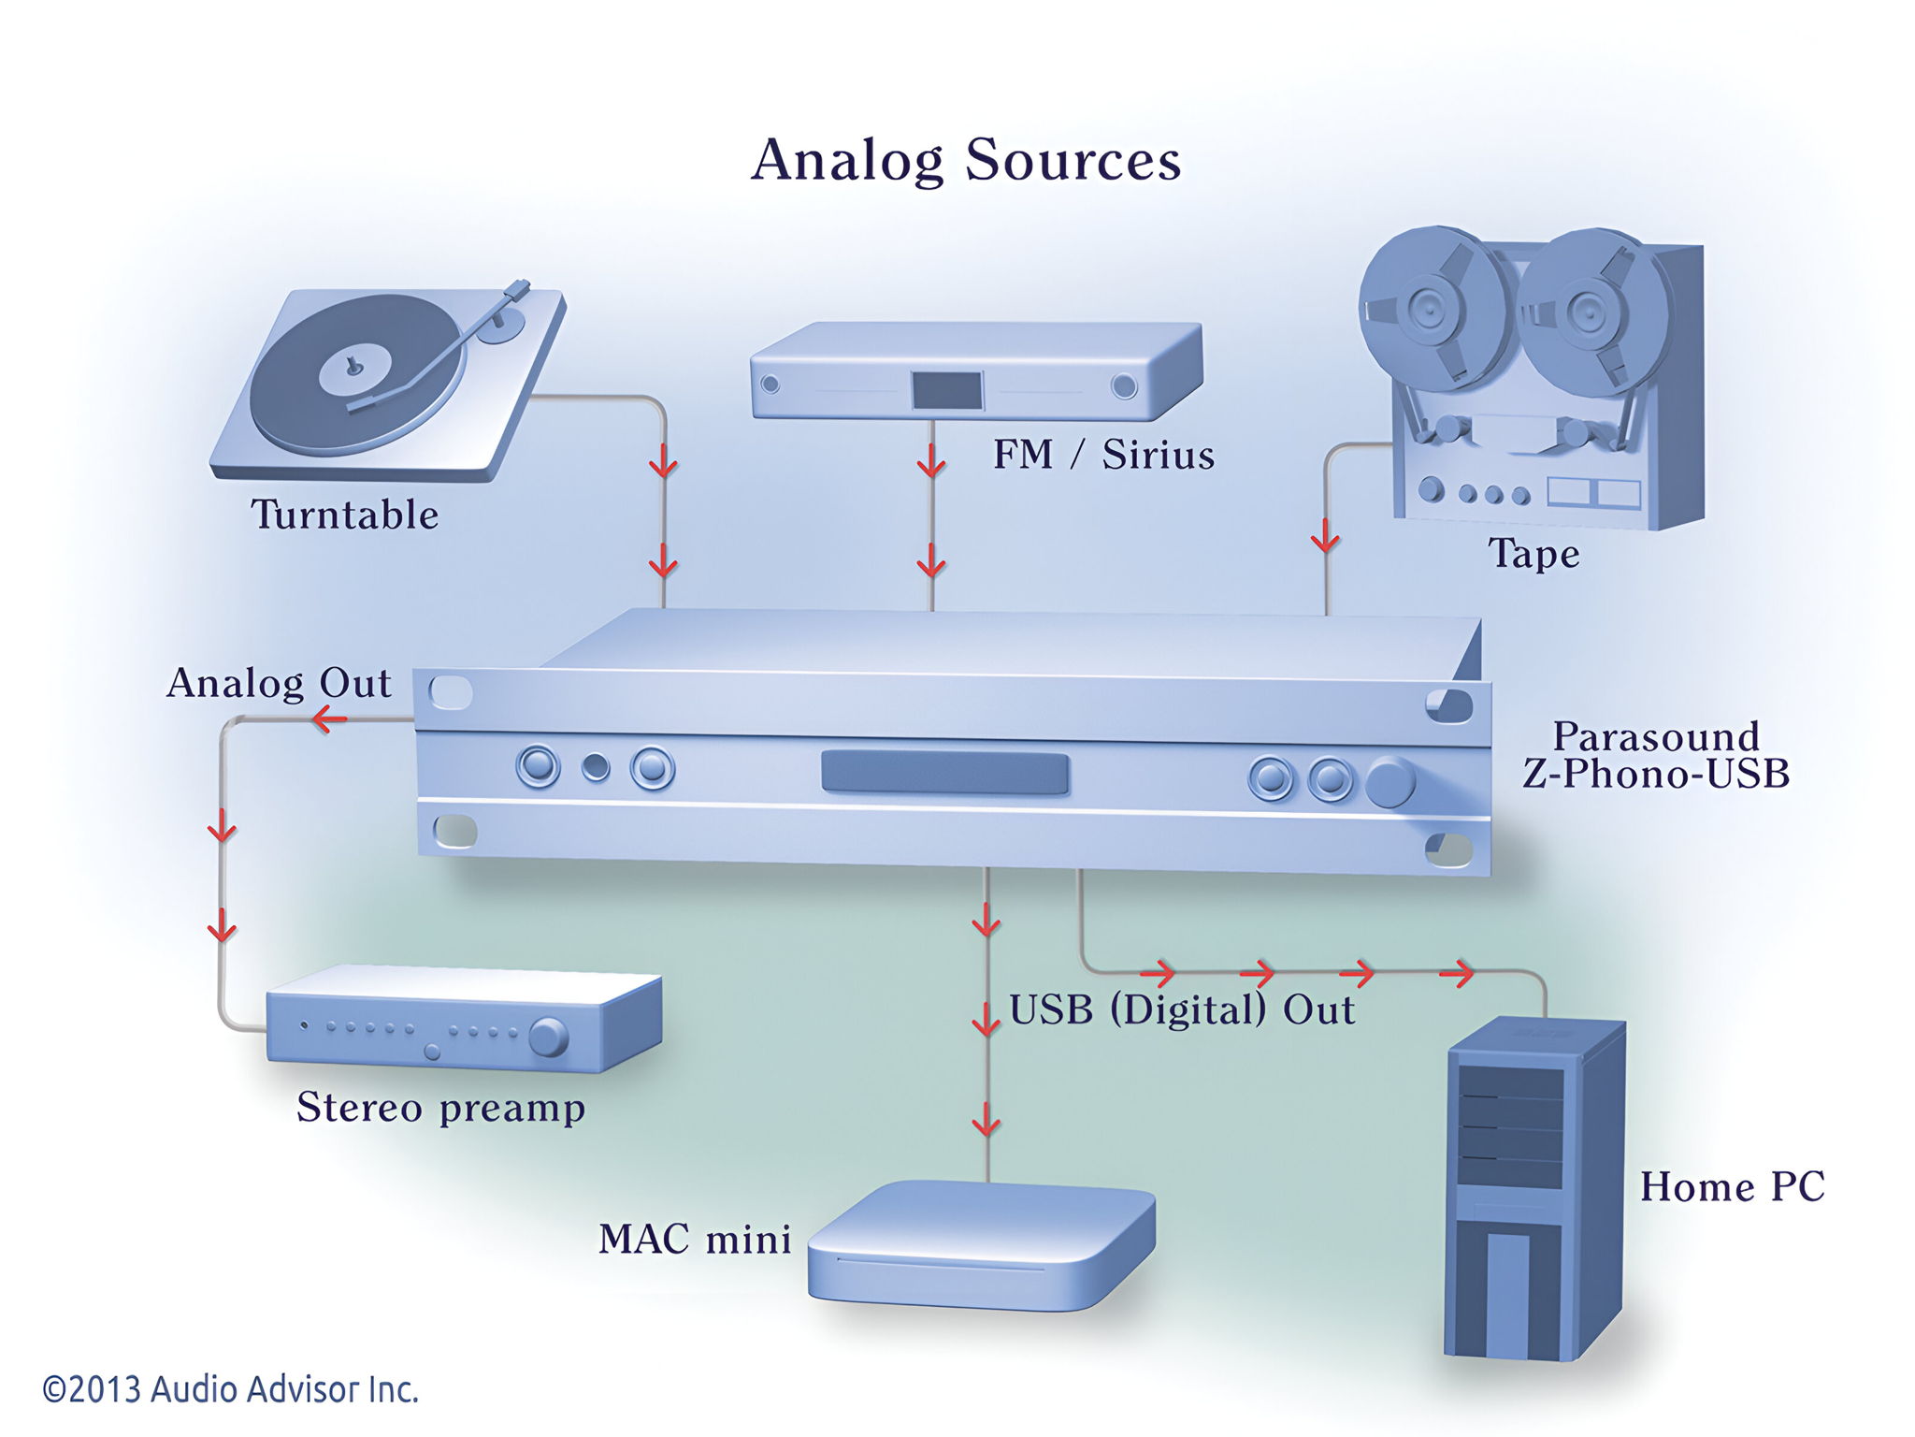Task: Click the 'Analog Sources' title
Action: point(966,160)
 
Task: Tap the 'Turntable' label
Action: point(344,515)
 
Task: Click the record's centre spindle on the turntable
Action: point(353,366)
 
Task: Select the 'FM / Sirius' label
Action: point(1103,455)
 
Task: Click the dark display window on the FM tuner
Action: point(947,389)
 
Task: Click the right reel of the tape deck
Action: point(1590,314)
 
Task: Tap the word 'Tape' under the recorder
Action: point(1533,554)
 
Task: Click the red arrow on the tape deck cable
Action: point(1326,540)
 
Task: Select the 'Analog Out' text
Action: point(279,683)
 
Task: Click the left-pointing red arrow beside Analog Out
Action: point(329,719)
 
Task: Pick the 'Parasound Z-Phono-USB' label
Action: point(1656,755)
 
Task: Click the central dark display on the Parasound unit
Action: point(944,773)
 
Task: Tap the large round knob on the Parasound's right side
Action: point(1390,781)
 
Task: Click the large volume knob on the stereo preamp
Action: point(548,1038)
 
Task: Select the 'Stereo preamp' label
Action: point(440,1108)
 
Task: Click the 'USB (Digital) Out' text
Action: point(1182,1010)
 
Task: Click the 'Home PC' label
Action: point(1733,1187)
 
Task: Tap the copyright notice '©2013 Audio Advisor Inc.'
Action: point(230,1389)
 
